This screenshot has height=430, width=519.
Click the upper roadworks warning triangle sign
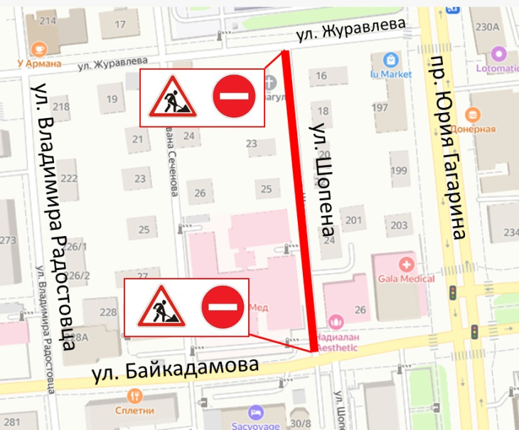tap(171, 98)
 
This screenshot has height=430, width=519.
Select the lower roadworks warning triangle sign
tap(156, 306)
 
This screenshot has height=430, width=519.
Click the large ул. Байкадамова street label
tap(174, 370)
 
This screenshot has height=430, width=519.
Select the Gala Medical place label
tap(407, 279)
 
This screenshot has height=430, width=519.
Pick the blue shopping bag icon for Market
tap(390, 58)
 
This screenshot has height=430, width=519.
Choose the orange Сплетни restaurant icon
tap(135, 396)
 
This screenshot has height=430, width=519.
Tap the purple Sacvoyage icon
tap(255, 412)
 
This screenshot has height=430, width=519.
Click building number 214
tap(48, 21)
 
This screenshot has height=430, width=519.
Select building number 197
tap(380, 107)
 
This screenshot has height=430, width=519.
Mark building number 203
tap(399, 225)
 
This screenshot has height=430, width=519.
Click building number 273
tap(7, 240)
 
